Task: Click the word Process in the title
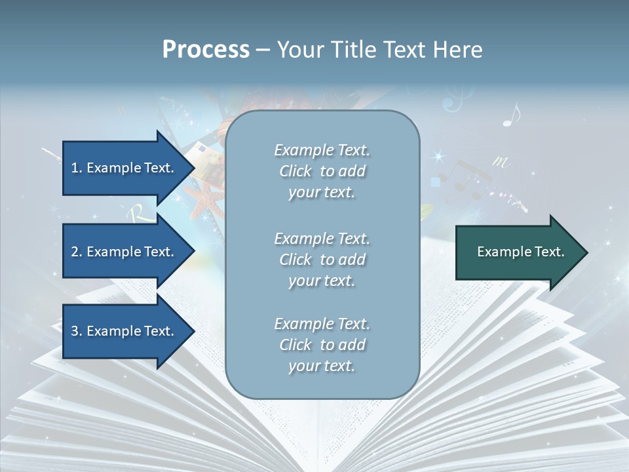pos(206,50)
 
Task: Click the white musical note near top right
pos(511,115)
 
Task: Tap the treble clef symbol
pos(452,102)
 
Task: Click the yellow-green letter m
pos(501,161)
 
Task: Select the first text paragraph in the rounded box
pos(322,171)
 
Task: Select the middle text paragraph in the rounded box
pos(322,260)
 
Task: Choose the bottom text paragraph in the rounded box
pos(322,345)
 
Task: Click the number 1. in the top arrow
pos(77,168)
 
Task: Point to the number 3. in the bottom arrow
pos(77,331)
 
